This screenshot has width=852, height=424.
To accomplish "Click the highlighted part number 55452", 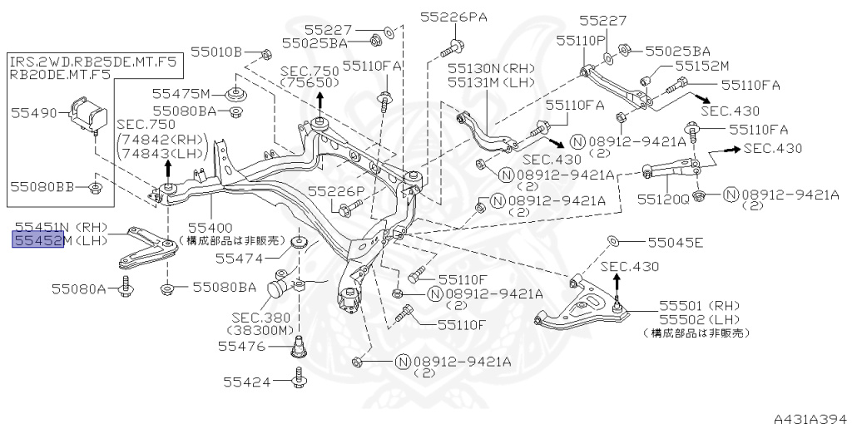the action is click(x=38, y=239).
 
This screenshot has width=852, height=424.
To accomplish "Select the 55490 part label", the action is click(x=34, y=113).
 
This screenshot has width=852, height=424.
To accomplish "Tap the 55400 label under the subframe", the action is click(x=211, y=228).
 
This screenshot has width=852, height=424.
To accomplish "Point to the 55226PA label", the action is click(x=453, y=17).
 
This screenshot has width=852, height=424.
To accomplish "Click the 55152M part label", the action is click(x=701, y=67).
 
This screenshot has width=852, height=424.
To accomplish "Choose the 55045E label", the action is click(x=676, y=242).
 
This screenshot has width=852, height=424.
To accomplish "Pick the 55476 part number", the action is click(x=241, y=346).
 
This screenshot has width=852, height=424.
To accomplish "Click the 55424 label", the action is click(x=246, y=382).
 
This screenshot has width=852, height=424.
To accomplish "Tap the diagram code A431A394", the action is click(x=812, y=418).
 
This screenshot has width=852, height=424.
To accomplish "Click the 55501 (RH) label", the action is click(x=699, y=306).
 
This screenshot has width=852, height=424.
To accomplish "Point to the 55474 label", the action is click(x=239, y=259).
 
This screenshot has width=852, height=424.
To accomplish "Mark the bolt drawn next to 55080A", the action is click(x=126, y=286).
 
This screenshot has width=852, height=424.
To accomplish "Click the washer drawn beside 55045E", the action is click(x=612, y=240).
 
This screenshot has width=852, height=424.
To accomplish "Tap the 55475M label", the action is click(x=181, y=93).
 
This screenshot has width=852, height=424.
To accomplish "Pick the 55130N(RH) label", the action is click(x=491, y=69).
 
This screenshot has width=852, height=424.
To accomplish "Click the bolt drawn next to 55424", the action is click(x=299, y=377).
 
